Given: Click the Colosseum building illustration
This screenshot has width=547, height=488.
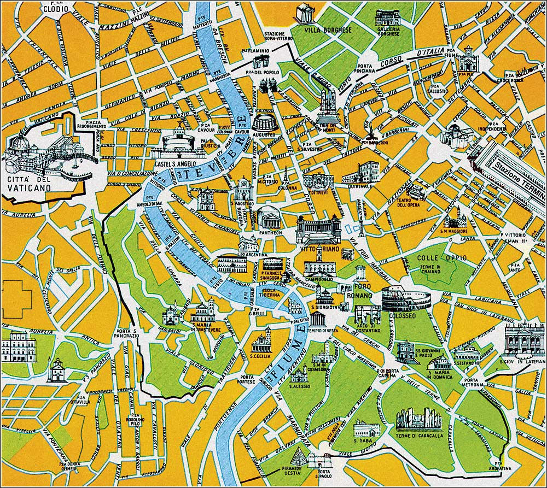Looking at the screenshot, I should [406, 298].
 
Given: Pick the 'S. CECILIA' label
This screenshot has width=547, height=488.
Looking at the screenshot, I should [261, 356].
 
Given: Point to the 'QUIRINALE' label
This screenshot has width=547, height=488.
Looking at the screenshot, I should [357, 186].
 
